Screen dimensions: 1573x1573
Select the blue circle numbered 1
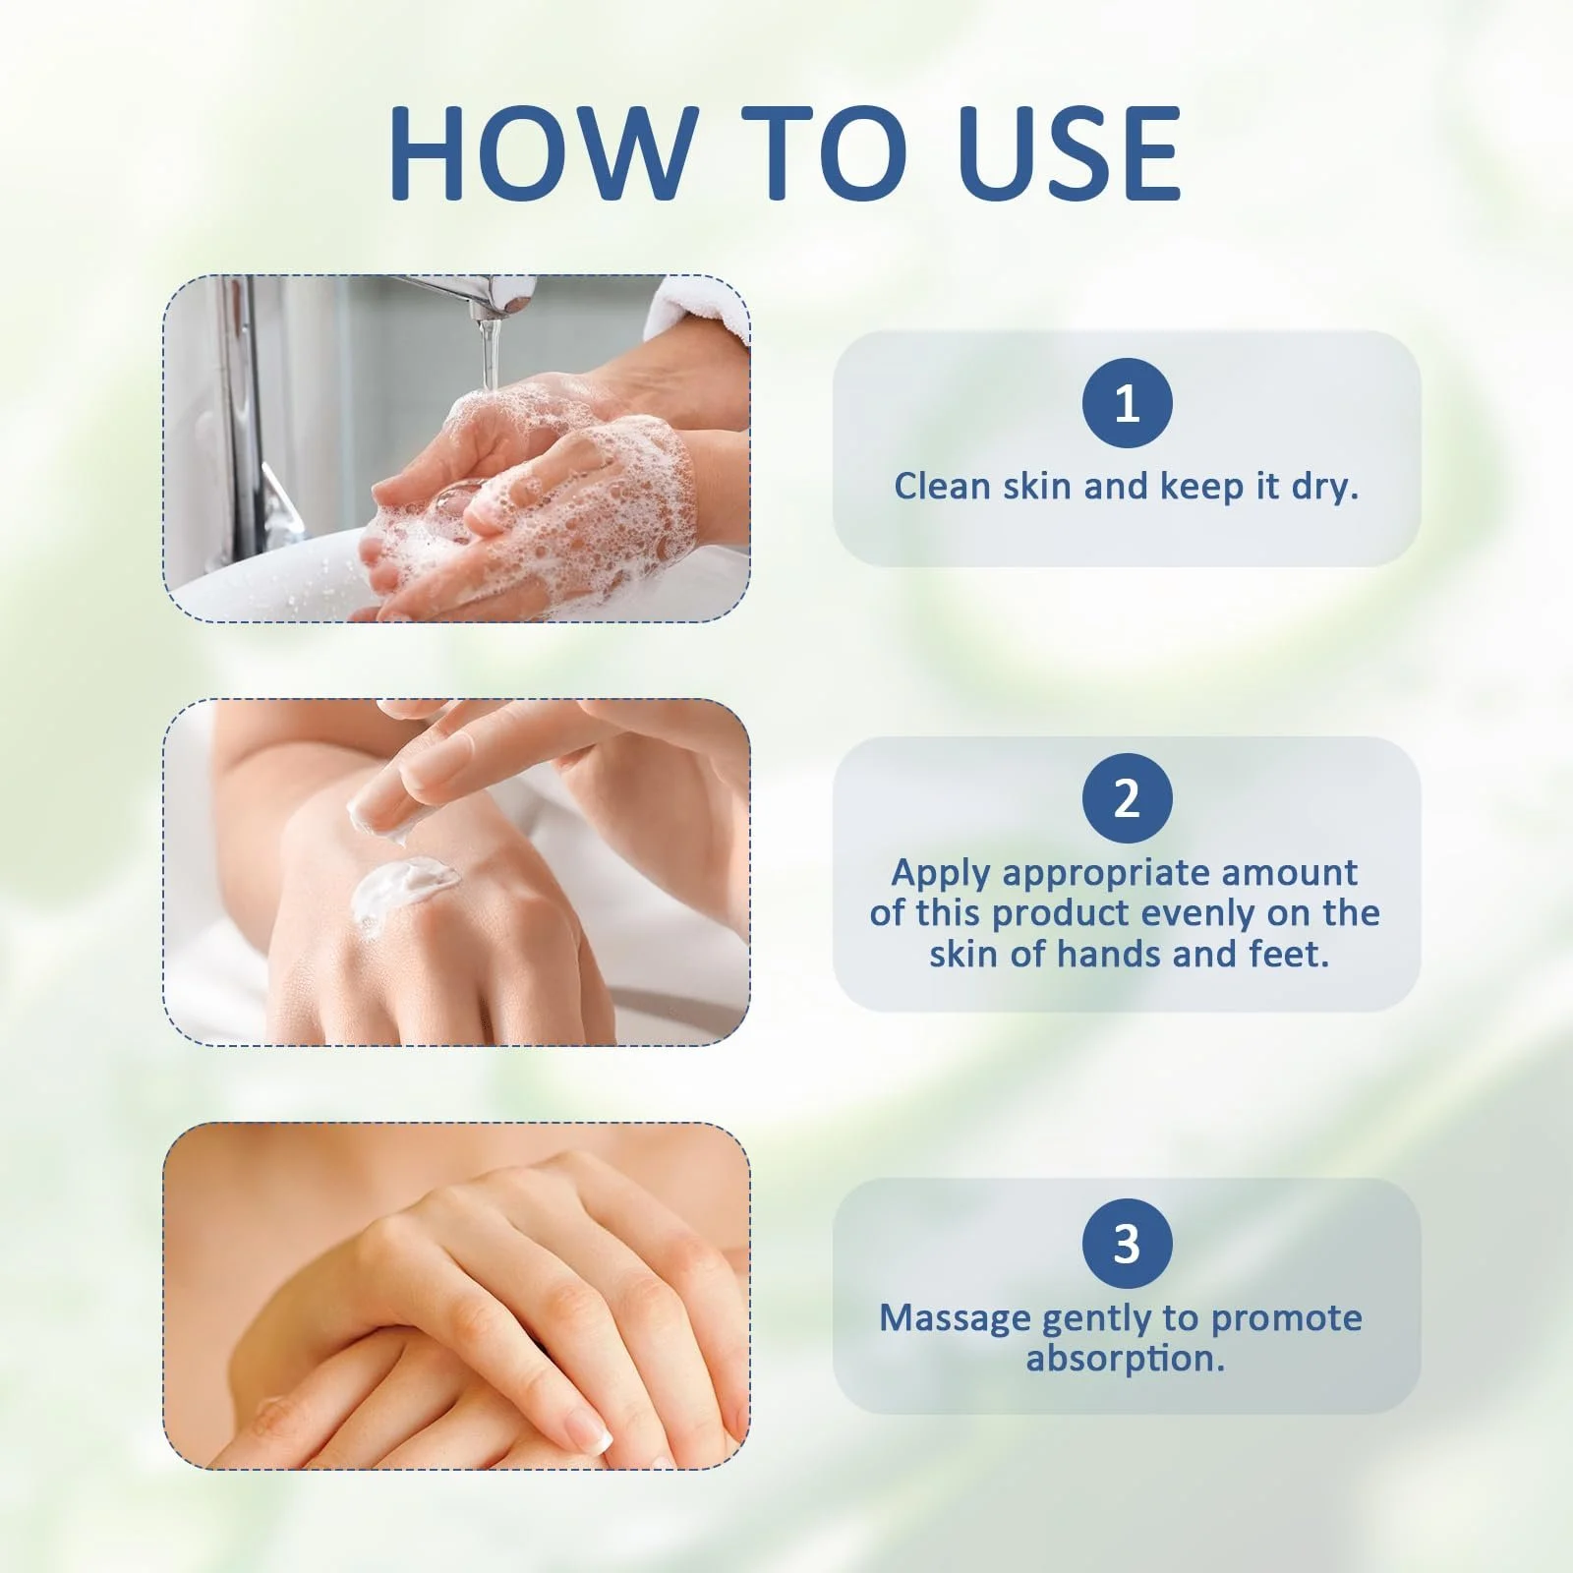pos(1127,403)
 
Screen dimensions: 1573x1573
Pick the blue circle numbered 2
pos(1127,798)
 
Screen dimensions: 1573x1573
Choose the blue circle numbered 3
pos(1127,1244)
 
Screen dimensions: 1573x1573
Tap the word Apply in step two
pos(942,873)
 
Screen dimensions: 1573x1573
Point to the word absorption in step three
pos(1126,1359)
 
